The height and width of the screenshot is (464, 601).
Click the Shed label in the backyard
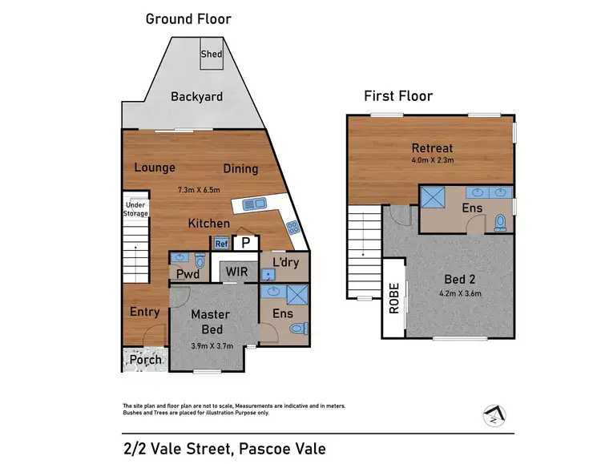coord(212,54)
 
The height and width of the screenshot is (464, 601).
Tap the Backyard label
coord(196,97)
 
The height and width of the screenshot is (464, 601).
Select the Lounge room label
coord(155,168)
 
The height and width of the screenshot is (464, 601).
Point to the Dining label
coord(240,168)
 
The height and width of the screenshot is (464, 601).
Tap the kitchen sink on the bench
coord(256,204)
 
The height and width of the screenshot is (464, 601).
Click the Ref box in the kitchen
coord(220,244)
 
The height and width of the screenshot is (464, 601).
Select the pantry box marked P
coord(246,243)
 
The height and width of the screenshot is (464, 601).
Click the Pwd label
coord(187,275)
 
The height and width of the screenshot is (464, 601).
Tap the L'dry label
coord(285,262)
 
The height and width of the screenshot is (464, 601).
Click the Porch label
coord(146,361)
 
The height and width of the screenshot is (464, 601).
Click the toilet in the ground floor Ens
coord(299,328)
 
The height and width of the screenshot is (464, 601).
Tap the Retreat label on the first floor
coord(432,147)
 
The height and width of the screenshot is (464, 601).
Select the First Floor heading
coord(398,97)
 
